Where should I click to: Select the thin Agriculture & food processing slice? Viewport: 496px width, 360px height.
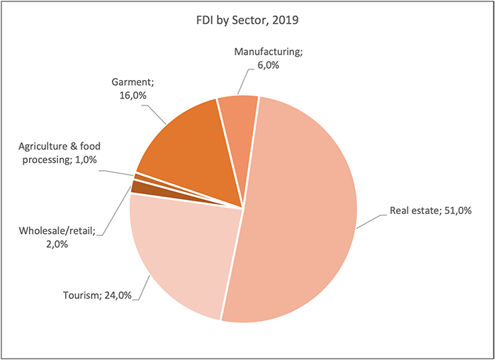click(x=145, y=176)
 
